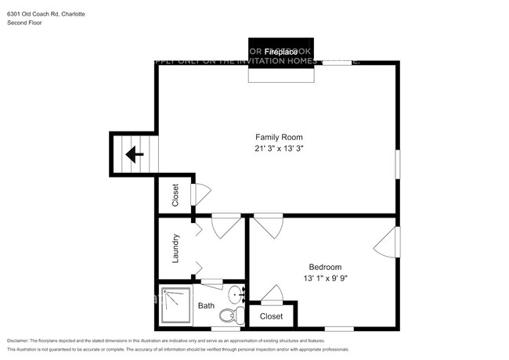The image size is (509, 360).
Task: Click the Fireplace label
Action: point(282,52)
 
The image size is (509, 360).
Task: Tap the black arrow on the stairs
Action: point(135,154)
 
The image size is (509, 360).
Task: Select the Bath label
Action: point(206,306)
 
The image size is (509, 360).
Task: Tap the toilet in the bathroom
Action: point(229,316)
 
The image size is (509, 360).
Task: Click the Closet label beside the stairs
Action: point(175,194)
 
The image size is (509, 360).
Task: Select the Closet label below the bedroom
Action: point(271,316)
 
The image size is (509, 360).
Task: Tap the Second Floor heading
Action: point(24,23)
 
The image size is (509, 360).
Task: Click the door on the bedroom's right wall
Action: point(388,243)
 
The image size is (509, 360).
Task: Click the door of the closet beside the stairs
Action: point(201,193)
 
